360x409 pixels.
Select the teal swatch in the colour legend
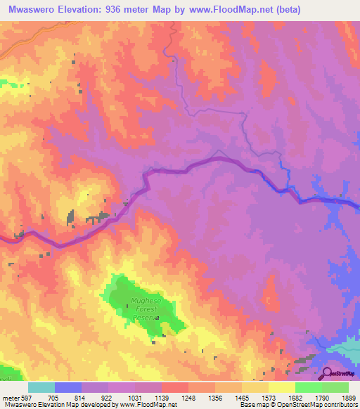pyautogui.click(x=41, y=387)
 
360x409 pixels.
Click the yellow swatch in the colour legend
pyautogui.click(x=282, y=387)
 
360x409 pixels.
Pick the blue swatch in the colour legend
pyautogui.click(x=68, y=387)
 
